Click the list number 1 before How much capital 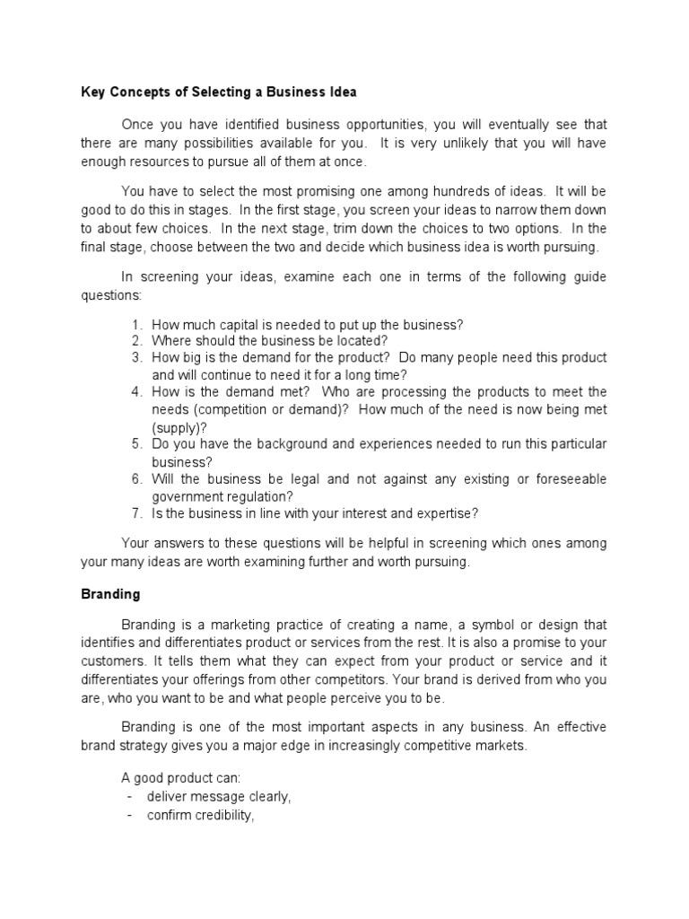[136, 324]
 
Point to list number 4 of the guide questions [136, 392]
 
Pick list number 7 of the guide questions [136, 513]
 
